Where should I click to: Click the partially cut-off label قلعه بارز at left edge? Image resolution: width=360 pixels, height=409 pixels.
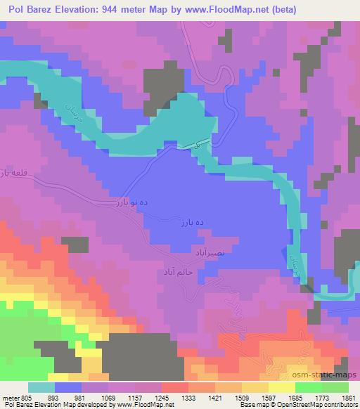[13, 172]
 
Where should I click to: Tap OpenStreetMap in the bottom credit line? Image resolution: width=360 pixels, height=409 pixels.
[304, 405]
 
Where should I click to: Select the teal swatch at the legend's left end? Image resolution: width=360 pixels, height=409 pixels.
[41, 387]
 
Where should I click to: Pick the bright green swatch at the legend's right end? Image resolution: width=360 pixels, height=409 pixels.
[335, 387]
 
